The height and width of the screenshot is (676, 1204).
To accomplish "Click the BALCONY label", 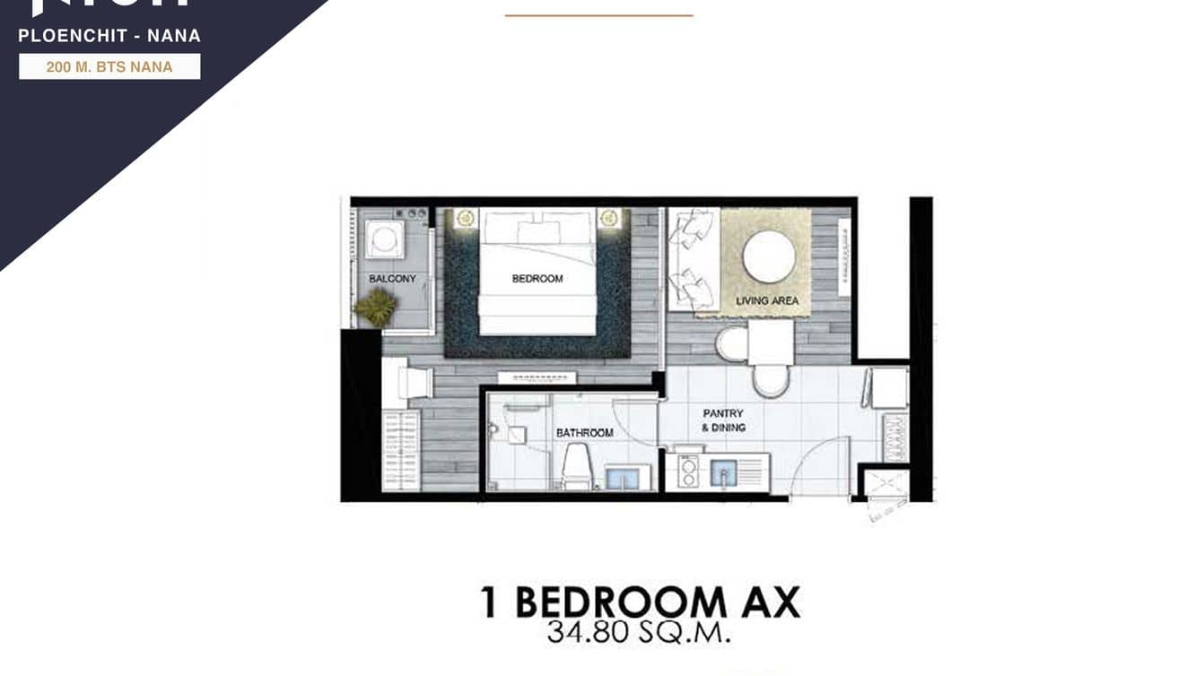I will [392, 279].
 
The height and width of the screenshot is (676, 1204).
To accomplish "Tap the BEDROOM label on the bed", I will [537, 279].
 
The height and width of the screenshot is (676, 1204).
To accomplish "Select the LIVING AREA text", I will [767, 300].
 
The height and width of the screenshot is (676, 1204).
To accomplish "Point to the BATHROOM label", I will [585, 433].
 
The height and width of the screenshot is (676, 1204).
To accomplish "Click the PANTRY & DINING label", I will [723, 420].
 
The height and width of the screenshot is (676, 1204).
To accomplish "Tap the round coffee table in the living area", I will [769, 256].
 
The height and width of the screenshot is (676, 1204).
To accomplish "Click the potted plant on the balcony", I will [375, 308].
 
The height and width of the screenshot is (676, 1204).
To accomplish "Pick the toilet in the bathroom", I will [576, 466].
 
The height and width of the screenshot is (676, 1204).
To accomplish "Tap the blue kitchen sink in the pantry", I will [723, 472].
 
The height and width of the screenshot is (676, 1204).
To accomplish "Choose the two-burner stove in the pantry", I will [688, 472].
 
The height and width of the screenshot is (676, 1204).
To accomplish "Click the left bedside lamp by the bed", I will [465, 218].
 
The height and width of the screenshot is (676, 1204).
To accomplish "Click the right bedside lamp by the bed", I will [610, 218].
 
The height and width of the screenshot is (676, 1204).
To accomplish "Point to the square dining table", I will [771, 343].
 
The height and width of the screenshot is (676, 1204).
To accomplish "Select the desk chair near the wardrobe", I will [414, 384].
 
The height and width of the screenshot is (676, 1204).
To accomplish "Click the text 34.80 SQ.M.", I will [639, 633].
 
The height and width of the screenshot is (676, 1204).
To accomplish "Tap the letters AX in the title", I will [770, 602].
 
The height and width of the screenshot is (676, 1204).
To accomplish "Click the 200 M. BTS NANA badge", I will [109, 67].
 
